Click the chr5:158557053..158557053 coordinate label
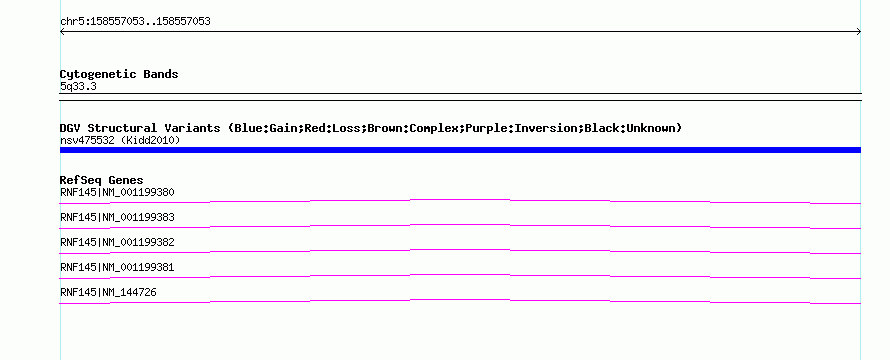[x=135, y=22]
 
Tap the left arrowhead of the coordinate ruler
[x=61, y=32]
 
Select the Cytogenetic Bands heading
[x=119, y=74]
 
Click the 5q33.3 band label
[x=78, y=86]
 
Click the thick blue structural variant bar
[x=460, y=150]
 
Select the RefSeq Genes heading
[x=102, y=180]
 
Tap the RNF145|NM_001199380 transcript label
[x=117, y=192]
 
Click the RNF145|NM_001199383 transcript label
[x=117, y=217]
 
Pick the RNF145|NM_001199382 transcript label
[x=117, y=242]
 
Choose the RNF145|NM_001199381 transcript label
[x=117, y=267]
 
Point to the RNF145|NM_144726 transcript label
[x=108, y=292]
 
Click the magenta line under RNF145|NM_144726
[x=460, y=300]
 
